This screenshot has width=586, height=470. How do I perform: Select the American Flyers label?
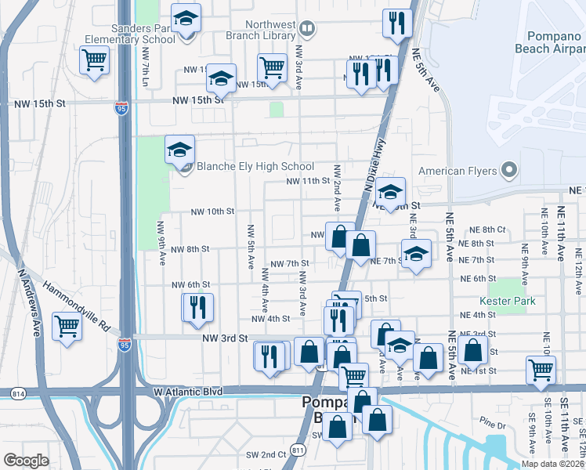[459, 171]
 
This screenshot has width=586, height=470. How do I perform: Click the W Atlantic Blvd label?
[188, 391]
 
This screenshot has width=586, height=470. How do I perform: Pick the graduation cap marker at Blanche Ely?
[179, 148]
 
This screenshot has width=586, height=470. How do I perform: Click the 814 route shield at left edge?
[17, 392]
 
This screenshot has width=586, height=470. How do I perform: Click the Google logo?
[26, 461]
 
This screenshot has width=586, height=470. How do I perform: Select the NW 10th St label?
[213, 211]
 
